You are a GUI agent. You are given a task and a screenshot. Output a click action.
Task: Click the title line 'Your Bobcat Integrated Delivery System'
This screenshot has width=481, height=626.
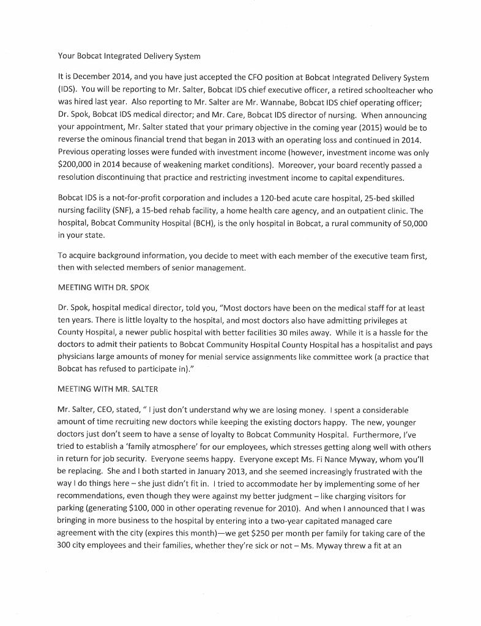click(129, 57)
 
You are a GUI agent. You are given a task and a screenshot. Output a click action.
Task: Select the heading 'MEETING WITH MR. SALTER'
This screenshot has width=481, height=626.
click(108, 388)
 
